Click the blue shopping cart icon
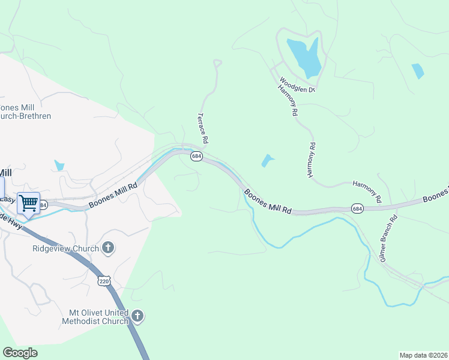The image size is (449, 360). click(28, 203)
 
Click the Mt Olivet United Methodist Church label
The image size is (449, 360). click(95, 317)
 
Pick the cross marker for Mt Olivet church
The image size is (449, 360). click(137, 316)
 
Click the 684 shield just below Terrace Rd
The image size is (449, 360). click(196, 156)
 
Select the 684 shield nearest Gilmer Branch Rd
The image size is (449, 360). click(357, 208)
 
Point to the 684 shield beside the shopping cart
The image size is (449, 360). click(43, 205)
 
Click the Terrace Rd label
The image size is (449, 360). click(203, 128)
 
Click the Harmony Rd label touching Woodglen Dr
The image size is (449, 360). click(288, 100)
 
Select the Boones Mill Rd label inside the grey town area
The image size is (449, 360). click(113, 195)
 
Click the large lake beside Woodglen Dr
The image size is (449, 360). click(304, 56)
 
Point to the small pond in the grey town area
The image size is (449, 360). click(59, 164)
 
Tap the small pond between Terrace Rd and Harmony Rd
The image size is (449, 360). click(267, 160)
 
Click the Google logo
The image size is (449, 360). click(20, 353)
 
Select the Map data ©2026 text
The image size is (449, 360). click(423, 355)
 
